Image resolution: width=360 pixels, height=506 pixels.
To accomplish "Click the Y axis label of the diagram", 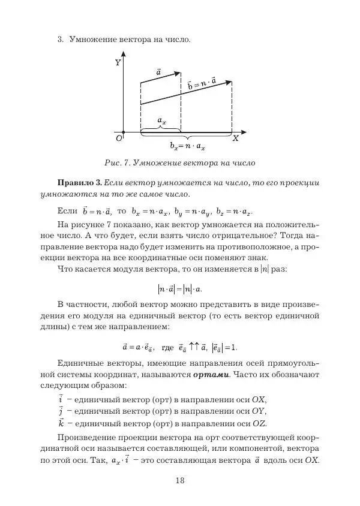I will point(118,62).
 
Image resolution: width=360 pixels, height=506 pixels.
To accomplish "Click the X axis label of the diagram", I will point(235,138).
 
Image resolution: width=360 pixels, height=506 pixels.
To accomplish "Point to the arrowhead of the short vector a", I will point(178,74).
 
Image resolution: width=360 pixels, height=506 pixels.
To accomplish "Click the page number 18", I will point(180,480).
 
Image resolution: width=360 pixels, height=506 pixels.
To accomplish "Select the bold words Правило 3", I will point(79,182).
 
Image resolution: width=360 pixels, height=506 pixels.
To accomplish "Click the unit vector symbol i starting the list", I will point(61,399).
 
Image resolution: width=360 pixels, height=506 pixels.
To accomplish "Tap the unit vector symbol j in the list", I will point(61,411).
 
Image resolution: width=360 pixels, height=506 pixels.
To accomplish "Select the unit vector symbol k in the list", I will point(61,423).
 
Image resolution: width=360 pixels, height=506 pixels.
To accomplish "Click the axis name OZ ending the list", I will point(259,424).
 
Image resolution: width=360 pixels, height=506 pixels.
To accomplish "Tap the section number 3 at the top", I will point(60,40).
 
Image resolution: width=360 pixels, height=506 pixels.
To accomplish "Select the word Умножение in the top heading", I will point(91,40).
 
